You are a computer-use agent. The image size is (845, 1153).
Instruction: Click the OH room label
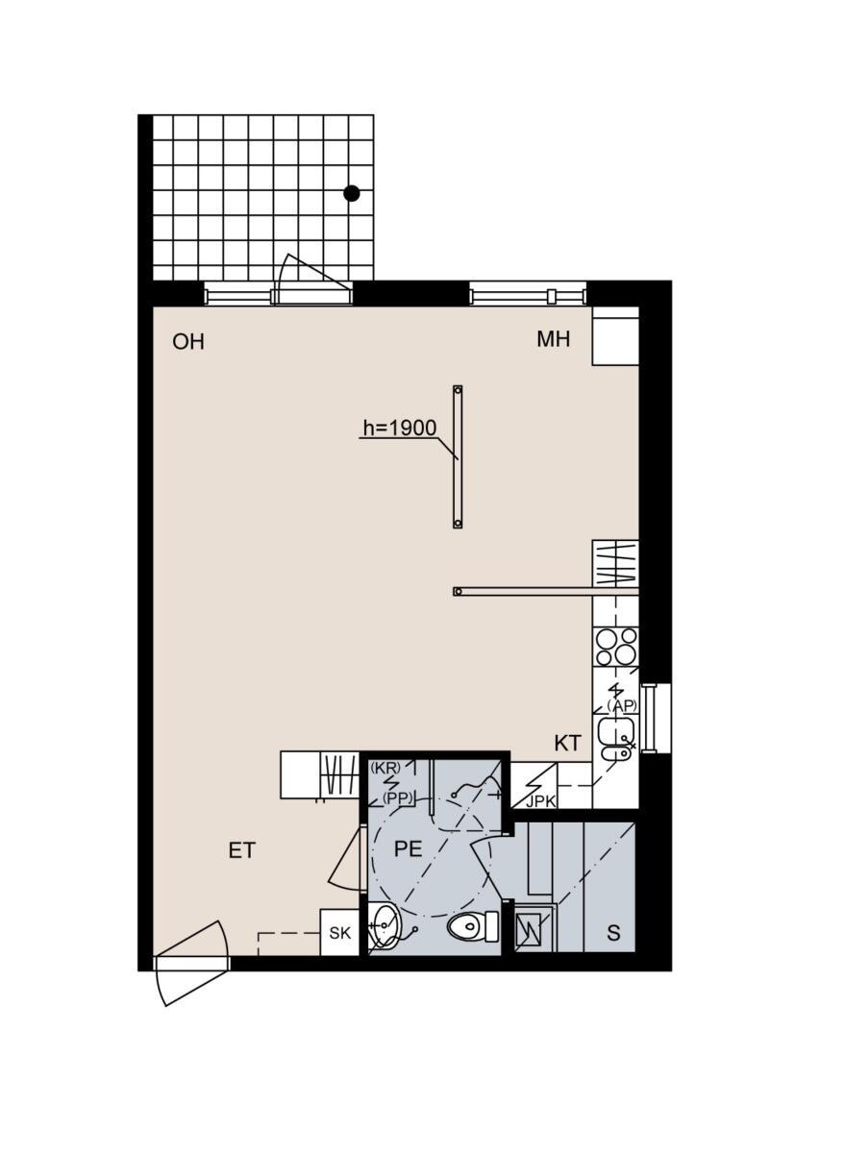pyautogui.click(x=188, y=342)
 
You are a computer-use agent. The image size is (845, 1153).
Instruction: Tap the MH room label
pyautogui.click(x=553, y=339)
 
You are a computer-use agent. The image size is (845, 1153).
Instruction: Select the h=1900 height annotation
pyautogui.click(x=400, y=428)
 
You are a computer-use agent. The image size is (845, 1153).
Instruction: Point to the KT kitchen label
pyautogui.click(x=567, y=744)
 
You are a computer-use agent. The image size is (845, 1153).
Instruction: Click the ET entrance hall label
pyautogui.click(x=242, y=851)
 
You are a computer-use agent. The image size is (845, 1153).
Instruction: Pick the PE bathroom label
pyautogui.click(x=408, y=848)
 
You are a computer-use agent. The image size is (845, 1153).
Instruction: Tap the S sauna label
pyautogui.click(x=613, y=933)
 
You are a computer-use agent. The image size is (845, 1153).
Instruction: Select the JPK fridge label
pyautogui.click(x=540, y=802)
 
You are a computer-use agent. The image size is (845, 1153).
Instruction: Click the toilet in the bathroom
pyautogui.click(x=472, y=926)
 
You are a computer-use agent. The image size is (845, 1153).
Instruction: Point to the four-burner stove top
pyautogui.click(x=616, y=647)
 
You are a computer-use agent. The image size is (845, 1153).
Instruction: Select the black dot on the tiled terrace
pyautogui.click(x=352, y=193)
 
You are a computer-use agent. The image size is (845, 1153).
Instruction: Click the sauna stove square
pyautogui.click(x=529, y=931)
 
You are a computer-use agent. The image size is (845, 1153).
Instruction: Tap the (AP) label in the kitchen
pyautogui.click(x=622, y=706)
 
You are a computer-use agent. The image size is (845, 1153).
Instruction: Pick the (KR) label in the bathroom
pyautogui.click(x=385, y=768)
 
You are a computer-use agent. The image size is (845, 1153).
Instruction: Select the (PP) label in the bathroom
pyautogui.click(x=398, y=798)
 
